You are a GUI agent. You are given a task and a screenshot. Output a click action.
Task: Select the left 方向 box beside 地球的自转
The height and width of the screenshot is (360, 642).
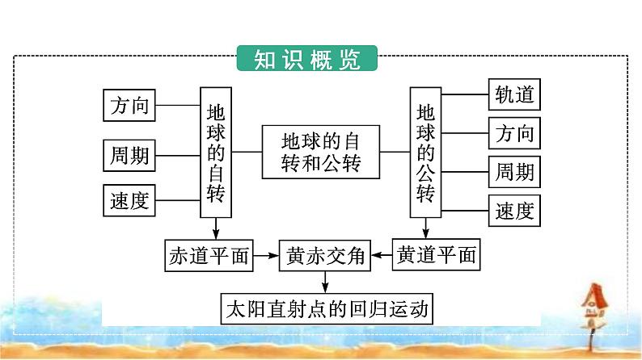point(130,105)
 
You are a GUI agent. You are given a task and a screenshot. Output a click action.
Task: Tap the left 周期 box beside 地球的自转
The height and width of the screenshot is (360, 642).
point(130,153)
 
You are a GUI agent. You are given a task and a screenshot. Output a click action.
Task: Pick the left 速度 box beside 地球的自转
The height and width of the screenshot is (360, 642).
point(130,201)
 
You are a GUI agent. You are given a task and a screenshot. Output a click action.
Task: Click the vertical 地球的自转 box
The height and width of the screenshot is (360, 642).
point(215,151)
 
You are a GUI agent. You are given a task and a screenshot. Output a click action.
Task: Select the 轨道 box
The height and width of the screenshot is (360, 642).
point(514,95)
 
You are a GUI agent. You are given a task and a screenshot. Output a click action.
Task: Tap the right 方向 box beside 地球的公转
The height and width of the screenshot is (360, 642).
point(514,133)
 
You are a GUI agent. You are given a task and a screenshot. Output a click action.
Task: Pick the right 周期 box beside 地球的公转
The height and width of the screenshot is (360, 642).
point(514,172)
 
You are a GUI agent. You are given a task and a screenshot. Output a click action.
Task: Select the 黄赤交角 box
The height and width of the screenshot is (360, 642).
point(323,257)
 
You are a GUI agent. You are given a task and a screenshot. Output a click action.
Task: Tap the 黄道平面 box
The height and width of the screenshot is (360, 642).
point(435,257)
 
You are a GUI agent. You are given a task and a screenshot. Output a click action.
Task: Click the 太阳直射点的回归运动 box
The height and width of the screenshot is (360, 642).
point(325,308)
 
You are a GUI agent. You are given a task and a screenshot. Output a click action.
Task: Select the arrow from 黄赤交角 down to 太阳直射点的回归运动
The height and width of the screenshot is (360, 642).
point(325,282)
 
